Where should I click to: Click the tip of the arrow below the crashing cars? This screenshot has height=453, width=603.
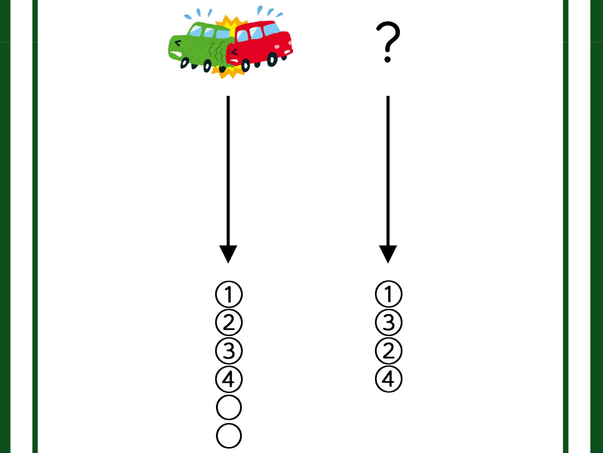click(228, 263)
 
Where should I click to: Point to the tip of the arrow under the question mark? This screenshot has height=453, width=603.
click(388, 263)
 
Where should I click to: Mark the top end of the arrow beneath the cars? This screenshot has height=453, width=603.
click(228, 96)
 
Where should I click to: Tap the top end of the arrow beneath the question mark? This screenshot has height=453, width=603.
click(388, 96)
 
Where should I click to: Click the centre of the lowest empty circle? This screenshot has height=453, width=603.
click(229, 436)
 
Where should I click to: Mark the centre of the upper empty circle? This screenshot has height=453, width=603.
click(229, 407)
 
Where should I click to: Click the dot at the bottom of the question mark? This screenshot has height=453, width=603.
click(388, 59)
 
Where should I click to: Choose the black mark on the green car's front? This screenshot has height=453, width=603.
click(178, 43)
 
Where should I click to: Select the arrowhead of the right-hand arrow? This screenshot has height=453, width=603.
click(388, 254)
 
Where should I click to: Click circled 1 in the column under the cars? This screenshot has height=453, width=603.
click(229, 294)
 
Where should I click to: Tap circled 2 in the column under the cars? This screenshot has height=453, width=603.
click(229, 322)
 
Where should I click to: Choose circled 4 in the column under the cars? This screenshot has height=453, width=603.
click(229, 379)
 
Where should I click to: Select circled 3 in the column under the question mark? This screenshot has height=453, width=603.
click(389, 322)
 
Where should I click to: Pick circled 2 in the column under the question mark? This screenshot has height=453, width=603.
click(389, 351)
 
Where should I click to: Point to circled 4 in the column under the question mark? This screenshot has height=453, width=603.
click(389, 379)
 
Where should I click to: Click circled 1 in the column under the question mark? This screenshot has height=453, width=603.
click(389, 294)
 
